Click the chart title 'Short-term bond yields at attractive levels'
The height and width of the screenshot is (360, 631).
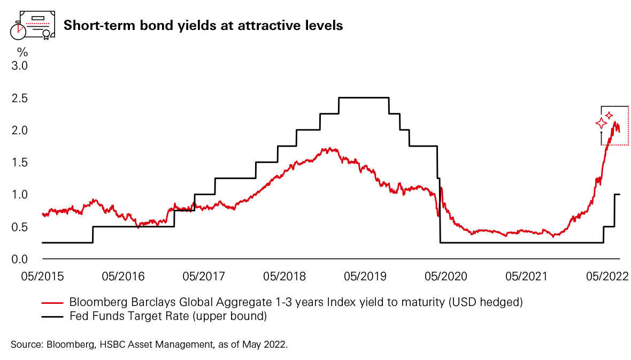tap(203, 25)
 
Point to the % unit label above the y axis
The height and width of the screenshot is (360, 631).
tap(22, 52)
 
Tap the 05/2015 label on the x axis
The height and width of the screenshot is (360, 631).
tap(42, 276)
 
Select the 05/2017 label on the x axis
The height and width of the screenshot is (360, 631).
tap(204, 276)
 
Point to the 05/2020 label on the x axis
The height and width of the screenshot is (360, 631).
tap(446, 276)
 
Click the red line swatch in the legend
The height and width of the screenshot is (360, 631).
tap(53, 303)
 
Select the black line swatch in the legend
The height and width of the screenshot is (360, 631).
tap(53, 317)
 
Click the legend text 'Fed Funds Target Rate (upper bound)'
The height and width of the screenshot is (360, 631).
tap(168, 317)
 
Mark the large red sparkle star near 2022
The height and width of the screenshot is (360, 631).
tap(601, 124)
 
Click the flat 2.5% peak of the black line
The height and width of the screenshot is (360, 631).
tap(364, 98)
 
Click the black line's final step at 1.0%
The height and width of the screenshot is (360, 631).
tap(617, 194)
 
